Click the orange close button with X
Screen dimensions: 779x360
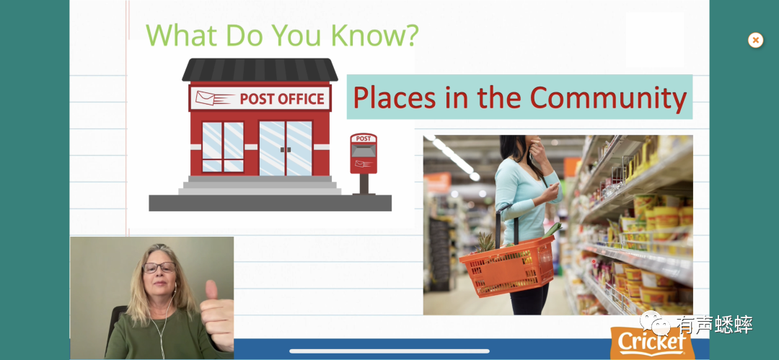point(755,40)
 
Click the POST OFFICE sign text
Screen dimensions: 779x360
point(282,98)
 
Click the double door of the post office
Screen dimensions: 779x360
point(286,148)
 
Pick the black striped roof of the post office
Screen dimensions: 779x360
point(260,69)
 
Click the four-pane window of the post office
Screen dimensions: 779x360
point(223,147)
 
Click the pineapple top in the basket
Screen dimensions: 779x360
point(485,242)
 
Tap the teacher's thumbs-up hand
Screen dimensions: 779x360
point(217,315)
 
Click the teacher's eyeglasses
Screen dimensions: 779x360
point(159,268)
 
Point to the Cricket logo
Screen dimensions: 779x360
point(652,343)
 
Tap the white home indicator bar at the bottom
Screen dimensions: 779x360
point(389,351)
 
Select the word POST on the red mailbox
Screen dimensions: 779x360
point(363,139)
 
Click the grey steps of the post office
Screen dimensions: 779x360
point(260,185)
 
